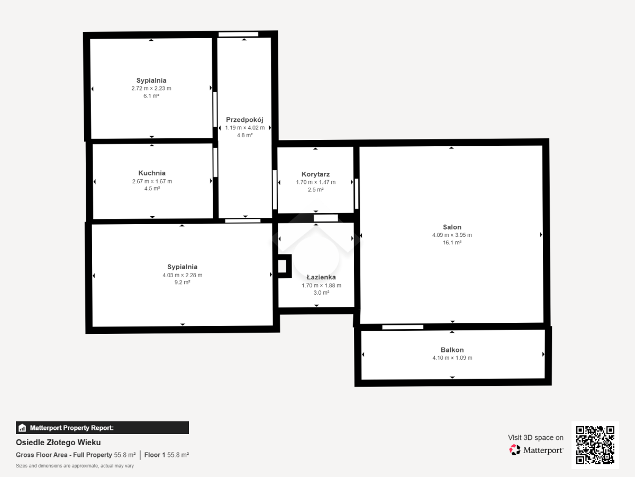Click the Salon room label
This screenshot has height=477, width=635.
pos(452,227)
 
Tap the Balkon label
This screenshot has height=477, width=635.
pos(452,350)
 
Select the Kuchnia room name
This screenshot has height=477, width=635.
pos(152,173)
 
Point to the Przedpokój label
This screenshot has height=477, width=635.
pos(244,120)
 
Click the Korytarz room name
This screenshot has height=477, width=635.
pos(315,174)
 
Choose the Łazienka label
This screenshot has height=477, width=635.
pos(321,277)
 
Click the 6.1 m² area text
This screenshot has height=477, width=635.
pos(151,96)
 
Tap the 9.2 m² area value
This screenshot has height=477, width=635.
pos(182,282)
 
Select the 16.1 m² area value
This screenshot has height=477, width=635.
pos(452,242)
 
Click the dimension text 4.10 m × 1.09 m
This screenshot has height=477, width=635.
pos(452,358)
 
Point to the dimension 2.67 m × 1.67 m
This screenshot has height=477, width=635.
pos(152,181)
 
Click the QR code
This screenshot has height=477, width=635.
pos(595,445)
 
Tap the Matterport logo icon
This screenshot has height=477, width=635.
pos(515,450)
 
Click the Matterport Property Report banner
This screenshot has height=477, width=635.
pos(102,428)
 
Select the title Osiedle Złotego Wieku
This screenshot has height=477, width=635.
pos(58,443)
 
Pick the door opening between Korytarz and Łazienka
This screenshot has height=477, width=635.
pos(326,218)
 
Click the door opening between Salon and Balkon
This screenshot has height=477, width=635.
pos(403,327)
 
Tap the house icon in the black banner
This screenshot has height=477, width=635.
pos(22,428)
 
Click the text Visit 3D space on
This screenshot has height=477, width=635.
pos(536,438)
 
